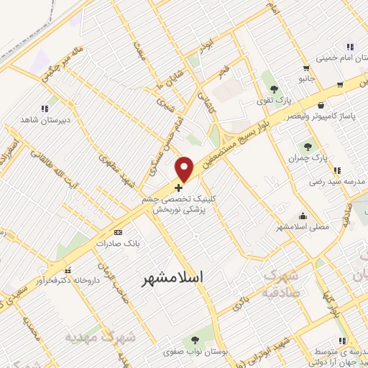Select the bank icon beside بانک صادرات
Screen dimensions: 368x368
119,232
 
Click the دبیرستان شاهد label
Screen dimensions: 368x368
44,119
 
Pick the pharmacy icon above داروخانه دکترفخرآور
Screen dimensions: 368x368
67,271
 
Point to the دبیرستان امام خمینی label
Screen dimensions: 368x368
338,58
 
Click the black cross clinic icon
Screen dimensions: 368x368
178,188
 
